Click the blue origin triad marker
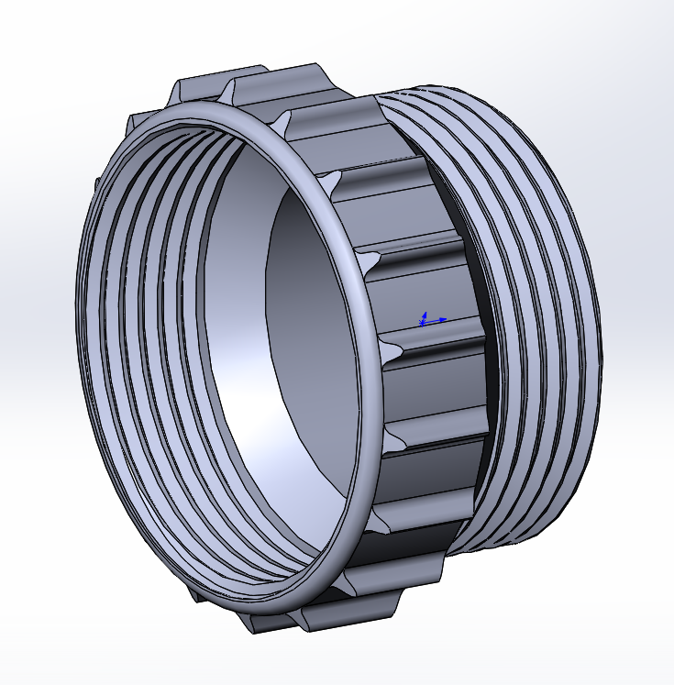[x=424, y=320]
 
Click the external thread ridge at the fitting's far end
[x=587, y=303]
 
